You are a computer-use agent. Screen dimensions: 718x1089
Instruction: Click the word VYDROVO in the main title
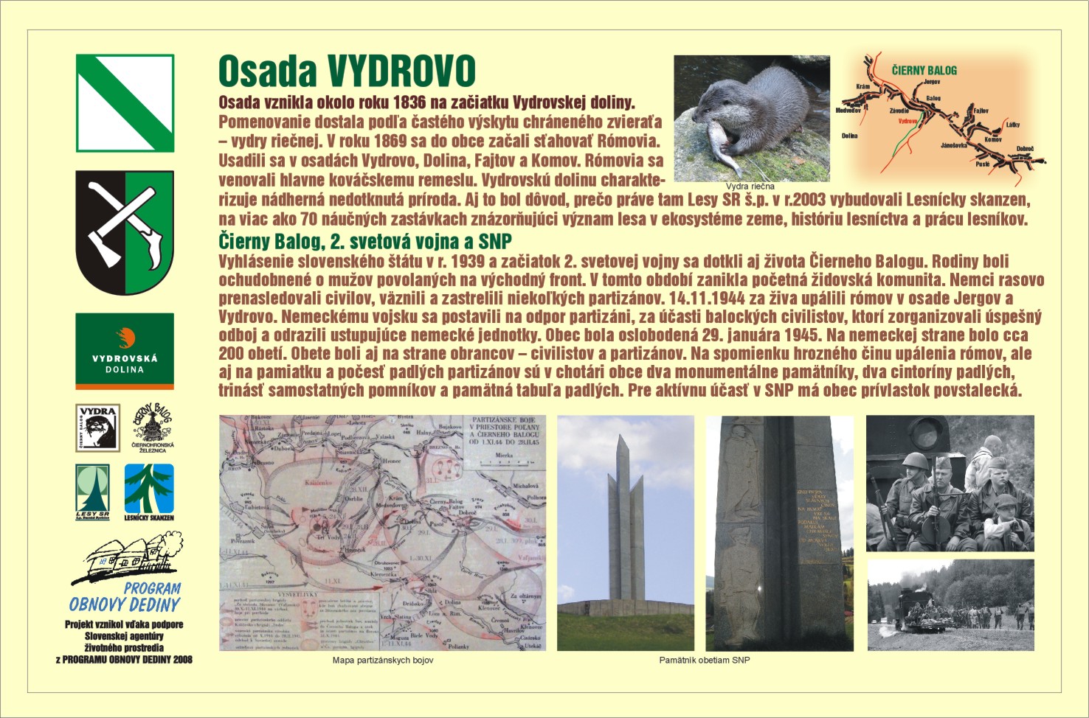[401, 72]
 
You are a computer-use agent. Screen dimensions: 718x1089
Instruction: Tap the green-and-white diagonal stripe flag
[125, 103]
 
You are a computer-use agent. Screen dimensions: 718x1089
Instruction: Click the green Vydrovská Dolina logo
[125, 350]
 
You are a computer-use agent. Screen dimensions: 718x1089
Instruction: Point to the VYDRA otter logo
[97, 428]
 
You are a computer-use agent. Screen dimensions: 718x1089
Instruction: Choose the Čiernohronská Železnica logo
[152, 428]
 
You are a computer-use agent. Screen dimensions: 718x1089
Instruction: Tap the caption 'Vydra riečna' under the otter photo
[750, 187]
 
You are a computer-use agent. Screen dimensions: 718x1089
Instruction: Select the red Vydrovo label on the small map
[907, 121]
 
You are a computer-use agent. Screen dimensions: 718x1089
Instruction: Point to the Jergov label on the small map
[932, 82]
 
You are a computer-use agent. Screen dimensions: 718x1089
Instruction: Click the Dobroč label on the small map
[1025, 149]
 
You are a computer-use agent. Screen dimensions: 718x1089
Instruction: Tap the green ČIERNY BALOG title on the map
[924, 70]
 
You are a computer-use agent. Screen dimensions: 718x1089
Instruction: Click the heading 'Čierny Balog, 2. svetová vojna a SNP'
[365, 241]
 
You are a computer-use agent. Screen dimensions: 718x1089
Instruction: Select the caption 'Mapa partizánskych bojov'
[383, 661]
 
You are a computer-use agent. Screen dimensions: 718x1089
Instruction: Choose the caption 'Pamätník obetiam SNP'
[704, 661]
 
